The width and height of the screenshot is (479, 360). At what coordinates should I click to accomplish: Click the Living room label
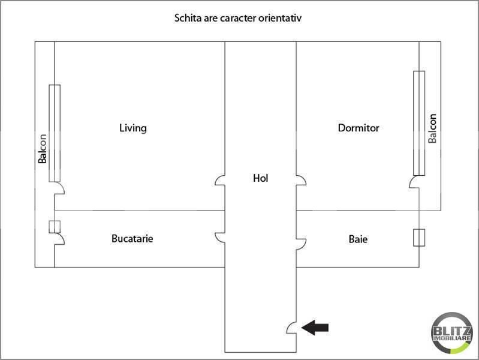pyautogui.click(x=133, y=128)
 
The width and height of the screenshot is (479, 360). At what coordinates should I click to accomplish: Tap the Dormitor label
pyautogui.click(x=359, y=128)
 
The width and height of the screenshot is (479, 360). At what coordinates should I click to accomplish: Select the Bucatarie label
pyautogui.click(x=132, y=238)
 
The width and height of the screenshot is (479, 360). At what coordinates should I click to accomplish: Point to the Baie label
pyautogui.click(x=358, y=239)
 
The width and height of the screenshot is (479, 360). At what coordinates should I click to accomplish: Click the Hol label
pyautogui.click(x=261, y=178)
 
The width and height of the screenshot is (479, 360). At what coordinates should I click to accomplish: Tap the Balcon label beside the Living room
pyautogui.click(x=43, y=149)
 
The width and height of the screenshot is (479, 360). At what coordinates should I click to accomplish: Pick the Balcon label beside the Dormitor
pyautogui.click(x=432, y=128)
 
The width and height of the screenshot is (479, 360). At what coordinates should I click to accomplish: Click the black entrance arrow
pyautogui.click(x=315, y=327)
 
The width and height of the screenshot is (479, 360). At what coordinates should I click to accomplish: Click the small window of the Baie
pyautogui.click(x=419, y=238)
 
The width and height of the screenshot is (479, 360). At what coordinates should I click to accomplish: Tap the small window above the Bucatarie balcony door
pyautogui.click(x=55, y=227)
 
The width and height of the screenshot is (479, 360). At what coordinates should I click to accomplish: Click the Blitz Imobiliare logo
pyautogui.click(x=452, y=333)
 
